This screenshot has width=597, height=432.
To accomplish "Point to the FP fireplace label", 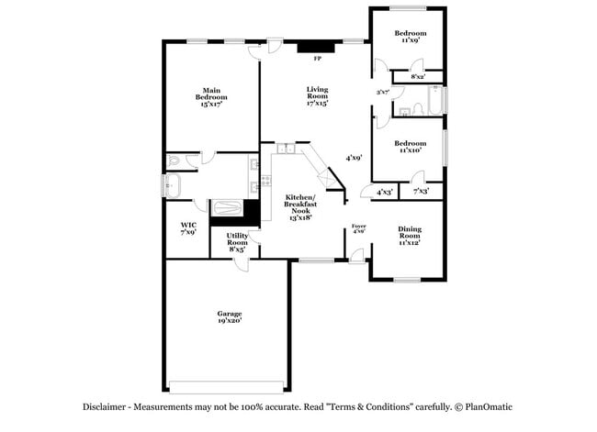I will [x=318, y=60].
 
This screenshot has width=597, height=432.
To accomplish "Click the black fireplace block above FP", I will [x=319, y=47].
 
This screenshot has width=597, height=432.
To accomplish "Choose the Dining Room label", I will [x=410, y=232].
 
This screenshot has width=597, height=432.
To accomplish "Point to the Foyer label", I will [x=359, y=225].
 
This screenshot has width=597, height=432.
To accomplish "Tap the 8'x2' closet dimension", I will [x=418, y=77].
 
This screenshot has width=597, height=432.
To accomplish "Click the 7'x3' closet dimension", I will [x=422, y=192].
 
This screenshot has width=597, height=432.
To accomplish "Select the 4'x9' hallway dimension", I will [x=353, y=158].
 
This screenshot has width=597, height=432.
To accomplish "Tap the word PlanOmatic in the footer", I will [x=490, y=405].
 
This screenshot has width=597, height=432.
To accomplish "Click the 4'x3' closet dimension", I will [x=384, y=192].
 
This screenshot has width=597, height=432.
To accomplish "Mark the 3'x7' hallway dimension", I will [x=383, y=92].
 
